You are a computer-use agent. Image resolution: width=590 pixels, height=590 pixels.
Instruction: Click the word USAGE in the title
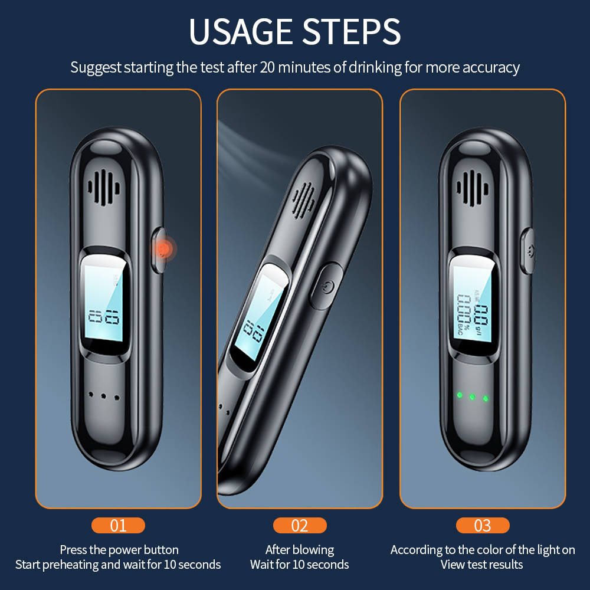coord(241,32)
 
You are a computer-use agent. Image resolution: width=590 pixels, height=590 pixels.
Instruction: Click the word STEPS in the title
coord(352,32)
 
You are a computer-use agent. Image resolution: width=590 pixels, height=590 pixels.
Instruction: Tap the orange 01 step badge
coord(118,525)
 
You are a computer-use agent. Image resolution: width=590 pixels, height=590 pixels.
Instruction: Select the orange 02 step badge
coord(300,525)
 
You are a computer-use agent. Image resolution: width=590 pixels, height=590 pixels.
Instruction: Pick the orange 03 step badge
coord(483,525)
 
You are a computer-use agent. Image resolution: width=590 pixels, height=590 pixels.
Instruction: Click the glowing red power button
coord(163,249)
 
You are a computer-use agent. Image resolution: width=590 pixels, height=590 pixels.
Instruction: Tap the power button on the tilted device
coord(326,287)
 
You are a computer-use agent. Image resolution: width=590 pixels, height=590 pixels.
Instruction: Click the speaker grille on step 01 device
coord(104,188)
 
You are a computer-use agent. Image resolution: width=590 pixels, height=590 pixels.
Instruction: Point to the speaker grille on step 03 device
coord(473,188)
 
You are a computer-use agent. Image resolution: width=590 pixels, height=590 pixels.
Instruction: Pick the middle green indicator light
coord(472,397)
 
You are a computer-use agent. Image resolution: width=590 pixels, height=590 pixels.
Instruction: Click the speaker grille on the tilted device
coord(304,200)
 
